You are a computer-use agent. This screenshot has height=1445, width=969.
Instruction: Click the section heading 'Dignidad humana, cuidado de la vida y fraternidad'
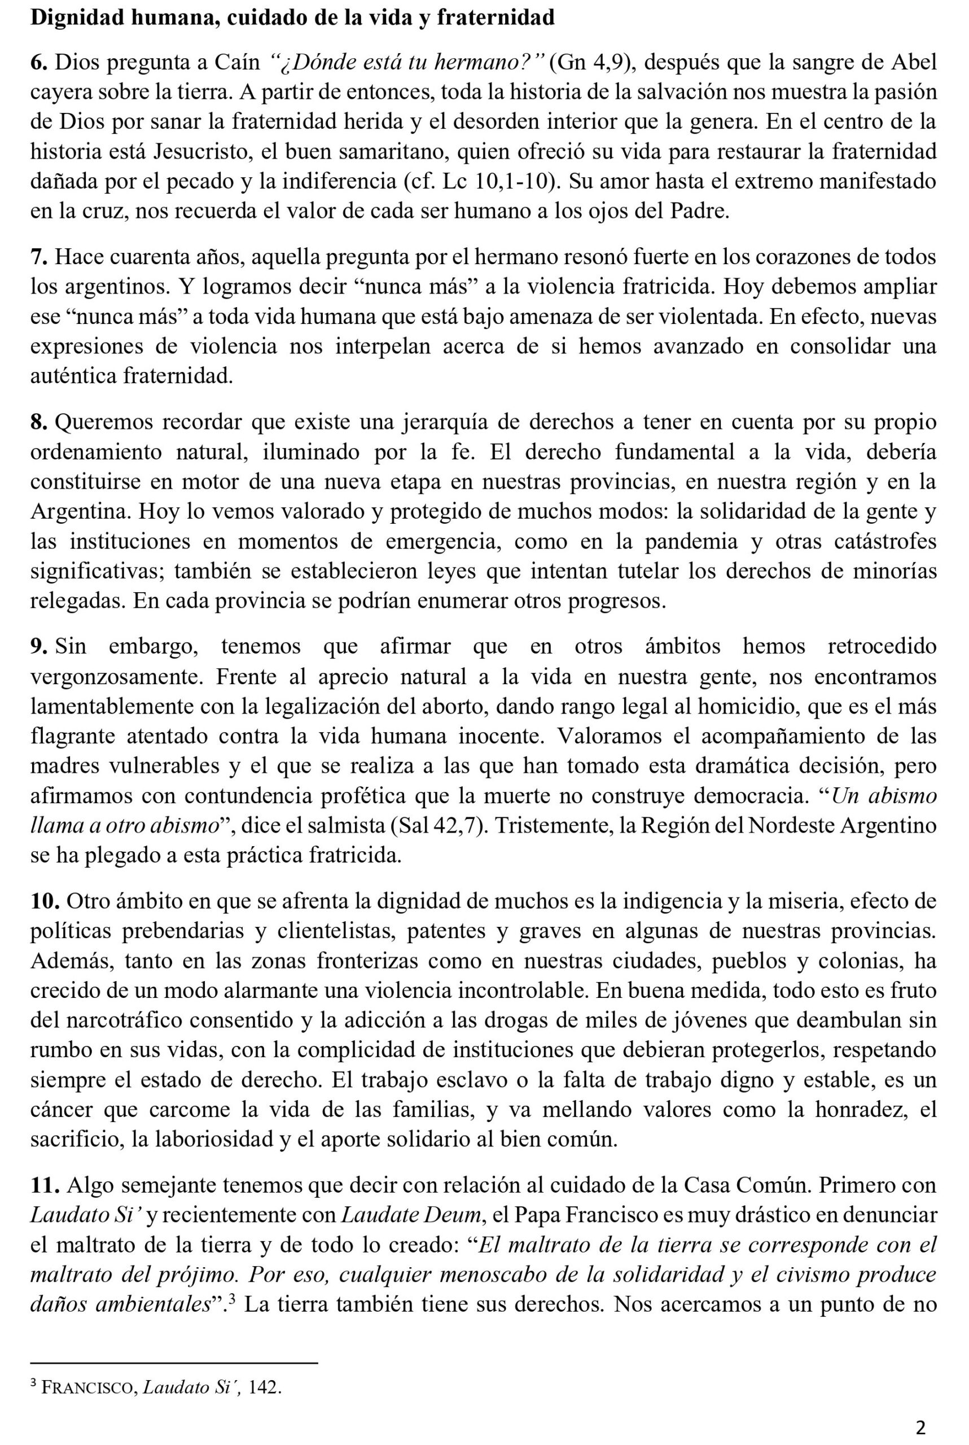point(292,17)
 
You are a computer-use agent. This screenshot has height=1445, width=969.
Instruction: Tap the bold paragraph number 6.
point(40,63)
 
